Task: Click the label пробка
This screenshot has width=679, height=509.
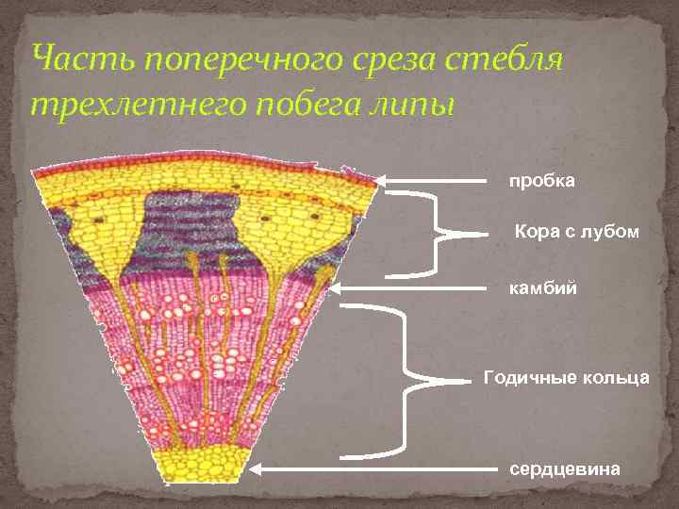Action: tap(542, 180)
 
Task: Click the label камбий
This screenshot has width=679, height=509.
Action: tap(542, 283)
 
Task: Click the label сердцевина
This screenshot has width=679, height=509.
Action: tap(566, 468)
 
